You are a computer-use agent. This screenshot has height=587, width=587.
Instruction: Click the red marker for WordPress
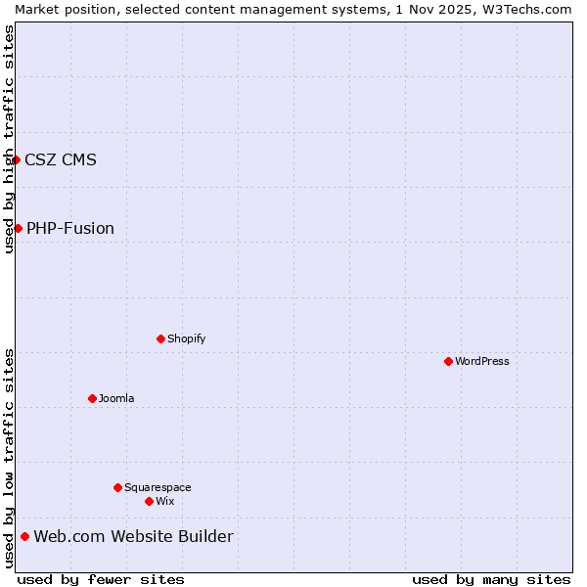pos(448,361)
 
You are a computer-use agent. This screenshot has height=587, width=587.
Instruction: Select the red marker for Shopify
pos(160,339)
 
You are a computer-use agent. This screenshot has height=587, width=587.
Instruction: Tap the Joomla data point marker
pos(92,398)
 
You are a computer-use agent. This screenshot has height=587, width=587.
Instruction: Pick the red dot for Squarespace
pos(117,487)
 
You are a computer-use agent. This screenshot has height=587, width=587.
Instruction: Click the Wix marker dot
pos(149,501)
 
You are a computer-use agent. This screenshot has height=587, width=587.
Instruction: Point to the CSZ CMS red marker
pos(17,159)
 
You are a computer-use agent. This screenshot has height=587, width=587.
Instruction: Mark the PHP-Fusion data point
pos(18,228)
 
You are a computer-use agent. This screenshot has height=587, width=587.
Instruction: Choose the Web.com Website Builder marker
pos(24,536)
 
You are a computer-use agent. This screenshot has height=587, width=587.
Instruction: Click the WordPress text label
pos(482,361)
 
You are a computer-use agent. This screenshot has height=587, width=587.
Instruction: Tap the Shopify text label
pos(186,339)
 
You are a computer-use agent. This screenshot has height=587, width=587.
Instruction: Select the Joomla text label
pos(116,398)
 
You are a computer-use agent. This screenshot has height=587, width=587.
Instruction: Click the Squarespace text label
pos(158,487)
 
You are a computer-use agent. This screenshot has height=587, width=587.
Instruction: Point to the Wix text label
pos(165,501)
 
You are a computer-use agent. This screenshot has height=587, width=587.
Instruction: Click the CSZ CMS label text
pos(61,159)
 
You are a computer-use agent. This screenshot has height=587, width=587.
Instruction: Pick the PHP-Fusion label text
pos(70,228)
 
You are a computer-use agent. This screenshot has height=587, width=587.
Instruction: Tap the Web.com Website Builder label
pos(134,536)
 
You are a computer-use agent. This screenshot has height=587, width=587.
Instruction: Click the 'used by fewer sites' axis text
pos(101,579)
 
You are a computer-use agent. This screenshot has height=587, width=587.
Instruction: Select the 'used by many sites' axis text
pos(491,579)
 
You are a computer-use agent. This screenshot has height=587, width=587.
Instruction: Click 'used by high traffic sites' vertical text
pos(9,139)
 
